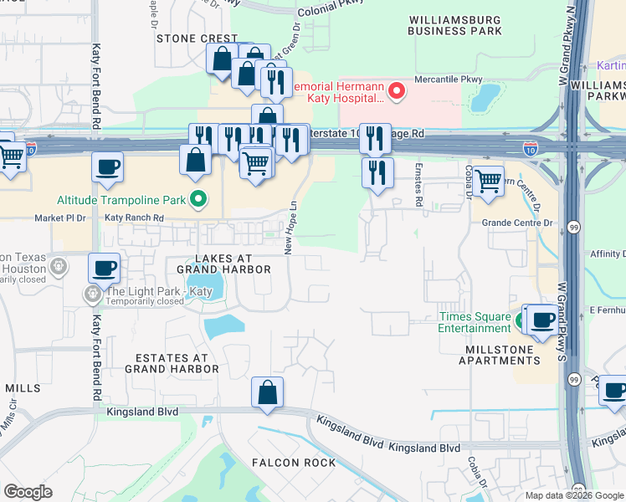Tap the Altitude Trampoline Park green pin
coord(198,199)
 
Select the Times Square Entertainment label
coord(475,322)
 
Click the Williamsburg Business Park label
coord(455,24)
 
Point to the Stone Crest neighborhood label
coord(198,38)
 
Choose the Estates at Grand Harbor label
coord(172,362)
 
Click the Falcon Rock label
coord(297,462)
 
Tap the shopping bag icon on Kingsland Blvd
coord(267,392)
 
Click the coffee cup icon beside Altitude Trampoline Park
coord(108,168)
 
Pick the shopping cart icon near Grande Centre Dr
coord(488,180)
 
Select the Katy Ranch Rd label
coord(135,218)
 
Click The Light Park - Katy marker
coord(90,294)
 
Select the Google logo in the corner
coord(28,492)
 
